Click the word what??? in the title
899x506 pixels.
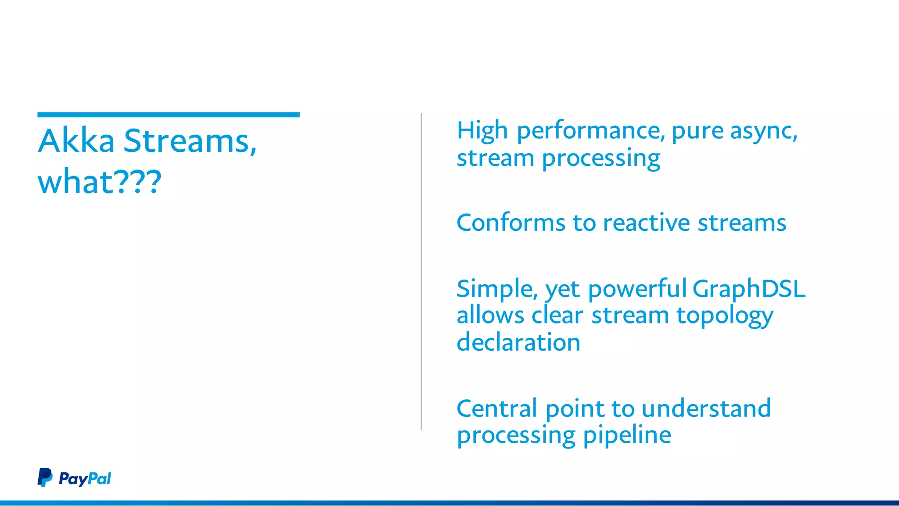100,181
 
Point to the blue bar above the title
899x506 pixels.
168,115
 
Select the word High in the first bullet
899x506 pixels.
482,131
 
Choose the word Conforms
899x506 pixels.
511,223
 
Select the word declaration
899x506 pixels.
518,342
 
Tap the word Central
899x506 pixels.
496,409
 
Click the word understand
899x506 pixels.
706,409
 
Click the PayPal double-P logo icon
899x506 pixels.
45,477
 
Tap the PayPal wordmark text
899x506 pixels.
85,478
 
